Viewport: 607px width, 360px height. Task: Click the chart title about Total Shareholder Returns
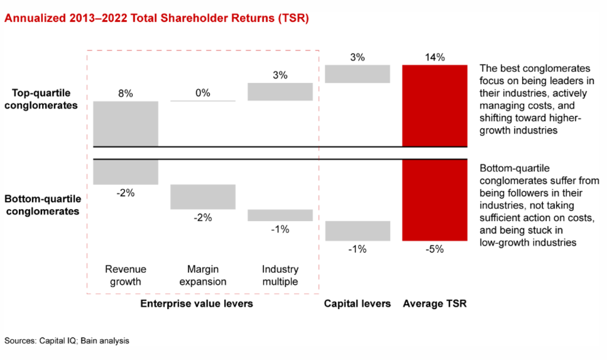[156, 18]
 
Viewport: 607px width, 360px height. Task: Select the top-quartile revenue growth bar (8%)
[126, 124]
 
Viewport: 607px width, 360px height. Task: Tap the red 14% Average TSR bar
[435, 106]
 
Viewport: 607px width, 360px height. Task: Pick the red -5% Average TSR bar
[435, 200]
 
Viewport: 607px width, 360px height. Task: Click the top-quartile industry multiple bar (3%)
[280, 92]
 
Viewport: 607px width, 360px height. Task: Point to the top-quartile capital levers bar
[357, 74]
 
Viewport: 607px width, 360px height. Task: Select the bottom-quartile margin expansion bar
[203, 197]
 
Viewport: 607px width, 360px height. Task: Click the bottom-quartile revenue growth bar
[126, 171]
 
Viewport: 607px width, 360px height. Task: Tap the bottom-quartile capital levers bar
[357, 231]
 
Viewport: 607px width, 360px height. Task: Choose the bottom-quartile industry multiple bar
[280, 215]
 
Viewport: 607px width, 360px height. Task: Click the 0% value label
[203, 93]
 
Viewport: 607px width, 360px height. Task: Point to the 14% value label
[435, 58]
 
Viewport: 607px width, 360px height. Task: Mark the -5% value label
[435, 249]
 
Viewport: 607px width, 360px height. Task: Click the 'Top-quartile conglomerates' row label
[41, 99]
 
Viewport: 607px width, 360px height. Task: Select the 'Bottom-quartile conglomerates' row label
[43, 205]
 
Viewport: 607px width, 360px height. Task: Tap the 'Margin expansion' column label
[203, 275]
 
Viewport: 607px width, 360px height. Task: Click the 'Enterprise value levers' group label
[196, 304]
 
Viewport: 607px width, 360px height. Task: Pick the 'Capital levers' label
[357, 304]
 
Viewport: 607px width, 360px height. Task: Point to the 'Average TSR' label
[435, 304]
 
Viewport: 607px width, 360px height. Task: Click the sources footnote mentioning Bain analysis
[66, 340]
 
